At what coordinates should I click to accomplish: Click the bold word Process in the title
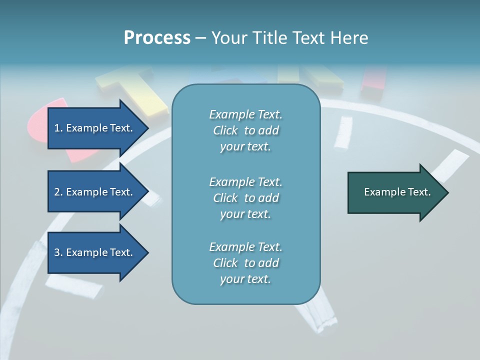(x=157, y=38)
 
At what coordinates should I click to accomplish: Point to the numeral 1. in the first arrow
(x=58, y=128)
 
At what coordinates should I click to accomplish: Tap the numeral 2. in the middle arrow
(x=58, y=192)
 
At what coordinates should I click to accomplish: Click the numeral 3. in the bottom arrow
(x=58, y=252)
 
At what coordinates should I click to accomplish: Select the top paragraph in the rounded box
(x=245, y=130)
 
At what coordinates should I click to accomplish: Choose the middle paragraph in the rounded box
(x=245, y=198)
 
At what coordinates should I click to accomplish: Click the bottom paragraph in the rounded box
(x=245, y=263)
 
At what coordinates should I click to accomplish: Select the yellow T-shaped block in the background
(x=135, y=90)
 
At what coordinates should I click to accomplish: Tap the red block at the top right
(x=374, y=80)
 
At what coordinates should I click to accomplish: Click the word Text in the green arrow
(x=420, y=192)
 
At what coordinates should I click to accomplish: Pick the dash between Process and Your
(x=200, y=38)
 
